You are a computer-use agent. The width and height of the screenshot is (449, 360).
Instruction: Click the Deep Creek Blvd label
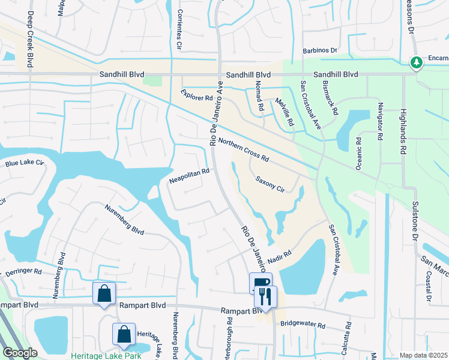(30, 38)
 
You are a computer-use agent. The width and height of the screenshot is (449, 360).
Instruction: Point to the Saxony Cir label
(270, 183)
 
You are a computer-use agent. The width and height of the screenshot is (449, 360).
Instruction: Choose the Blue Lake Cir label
(25, 163)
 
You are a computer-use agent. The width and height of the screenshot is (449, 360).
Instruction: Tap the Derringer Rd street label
(23, 272)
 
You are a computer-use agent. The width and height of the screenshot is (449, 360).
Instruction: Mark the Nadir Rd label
(279, 256)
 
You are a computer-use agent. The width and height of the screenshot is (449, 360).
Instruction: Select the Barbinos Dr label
(320, 51)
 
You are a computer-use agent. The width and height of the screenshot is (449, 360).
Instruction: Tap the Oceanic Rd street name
(358, 154)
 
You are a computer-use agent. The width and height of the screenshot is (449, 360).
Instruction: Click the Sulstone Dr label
(414, 219)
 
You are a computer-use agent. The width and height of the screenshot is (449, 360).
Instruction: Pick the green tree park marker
(416, 62)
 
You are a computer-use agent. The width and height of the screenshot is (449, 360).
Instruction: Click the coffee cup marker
(261, 283)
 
